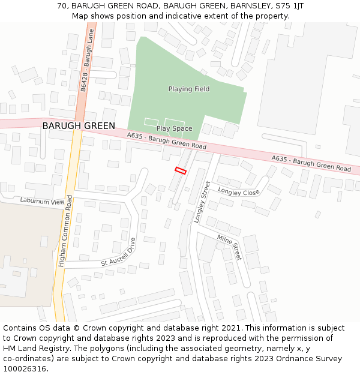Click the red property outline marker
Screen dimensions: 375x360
[181, 170]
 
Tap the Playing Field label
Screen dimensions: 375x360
[189, 89]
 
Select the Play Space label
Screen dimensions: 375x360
[174, 128]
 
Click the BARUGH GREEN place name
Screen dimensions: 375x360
[79, 126]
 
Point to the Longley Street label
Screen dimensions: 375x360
[202, 202]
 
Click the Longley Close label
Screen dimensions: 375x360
[238, 192]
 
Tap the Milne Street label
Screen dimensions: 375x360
[229, 247]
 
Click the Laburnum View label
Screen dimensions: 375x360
[41, 202]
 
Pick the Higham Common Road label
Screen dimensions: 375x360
[65, 231]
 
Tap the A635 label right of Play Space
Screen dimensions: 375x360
[166, 142]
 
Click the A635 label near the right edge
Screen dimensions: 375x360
[311, 163]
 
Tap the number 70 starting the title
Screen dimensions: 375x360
[62, 6]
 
